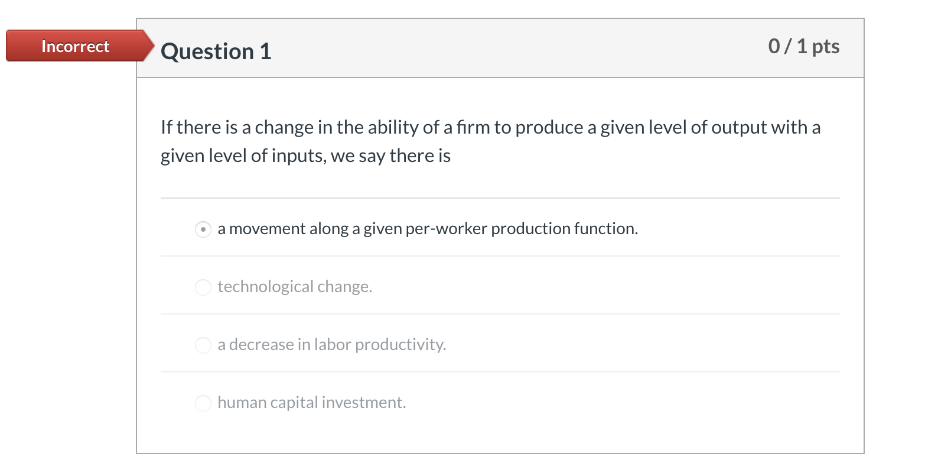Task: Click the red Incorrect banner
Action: pyautogui.click(x=76, y=46)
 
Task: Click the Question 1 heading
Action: pyautogui.click(x=216, y=51)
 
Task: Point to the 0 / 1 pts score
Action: pyautogui.click(x=803, y=46)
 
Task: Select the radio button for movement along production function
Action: pyautogui.click(x=203, y=229)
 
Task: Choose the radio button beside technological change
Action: pyautogui.click(x=203, y=287)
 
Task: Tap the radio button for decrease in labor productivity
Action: pyautogui.click(x=203, y=345)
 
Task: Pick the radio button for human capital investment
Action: pyautogui.click(x=203, y=403)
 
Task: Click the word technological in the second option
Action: pyautogui.click(x=265, y=287)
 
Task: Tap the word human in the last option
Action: pyautogui.click(x=242, y=403)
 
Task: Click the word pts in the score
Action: pyautogui.click(x=826, y=46)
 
